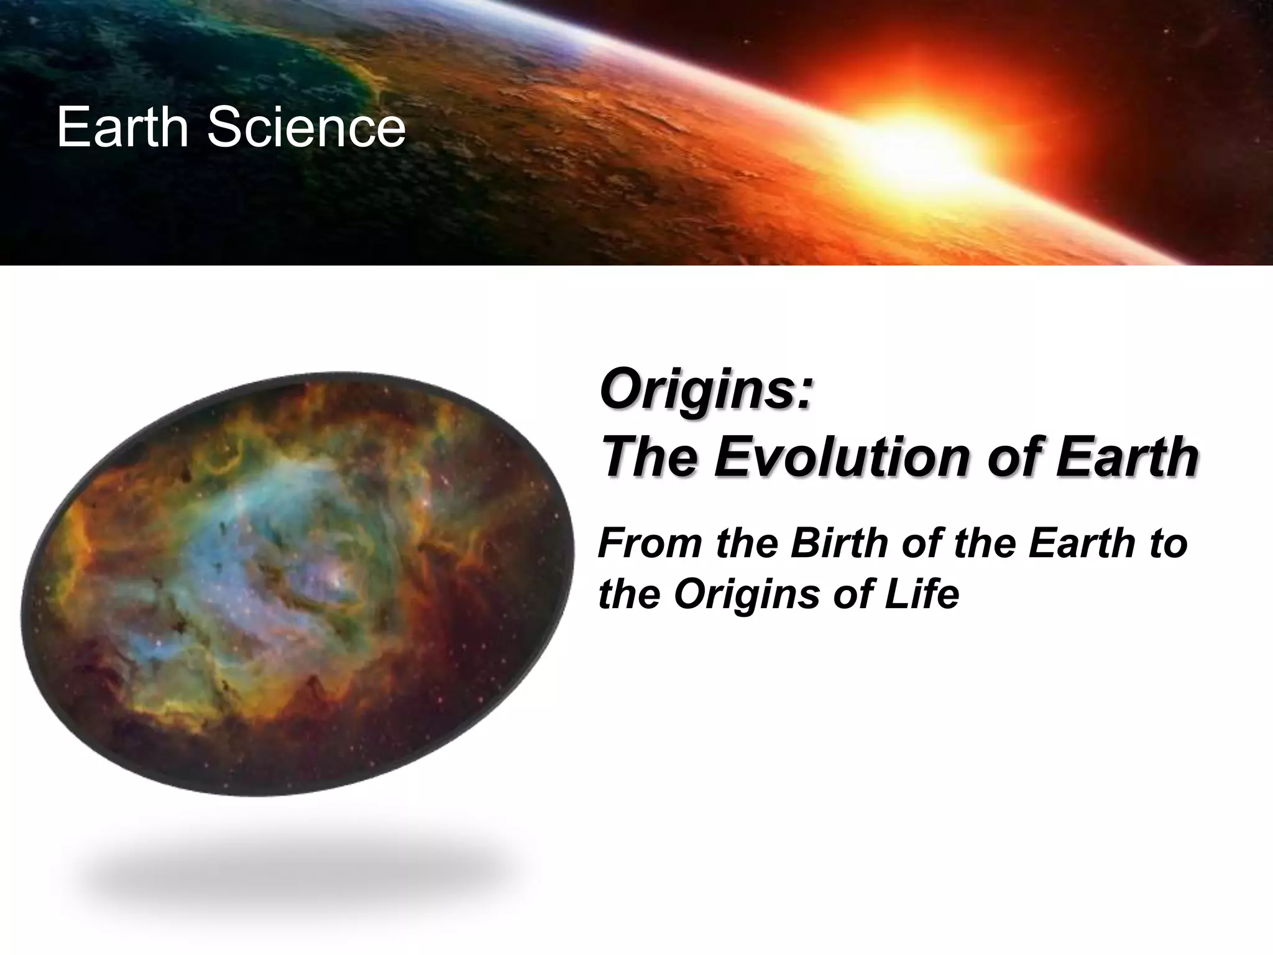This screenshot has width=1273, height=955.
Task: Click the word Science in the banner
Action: pos(306,127)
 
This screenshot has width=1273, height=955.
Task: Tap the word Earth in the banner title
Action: pos(122,127)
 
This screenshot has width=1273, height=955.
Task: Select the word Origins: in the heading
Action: pos(706,392)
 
